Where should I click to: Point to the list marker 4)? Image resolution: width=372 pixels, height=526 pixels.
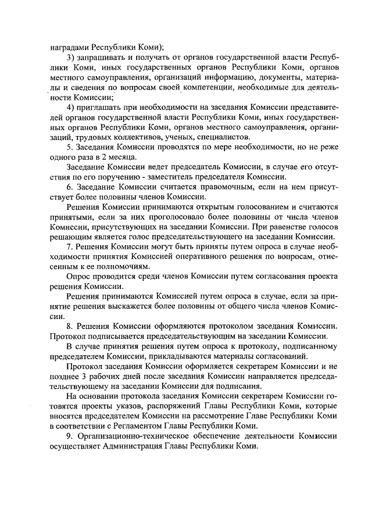pos(71,108)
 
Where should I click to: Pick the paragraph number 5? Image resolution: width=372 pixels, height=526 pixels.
pos(70,148)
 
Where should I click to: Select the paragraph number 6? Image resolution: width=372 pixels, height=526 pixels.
pos(70,187)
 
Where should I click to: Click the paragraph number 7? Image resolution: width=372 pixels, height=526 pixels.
pos(70,246)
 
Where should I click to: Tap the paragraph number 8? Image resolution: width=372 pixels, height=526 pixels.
pos(70,326)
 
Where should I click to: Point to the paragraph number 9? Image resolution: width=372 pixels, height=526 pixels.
pos(70,435)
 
